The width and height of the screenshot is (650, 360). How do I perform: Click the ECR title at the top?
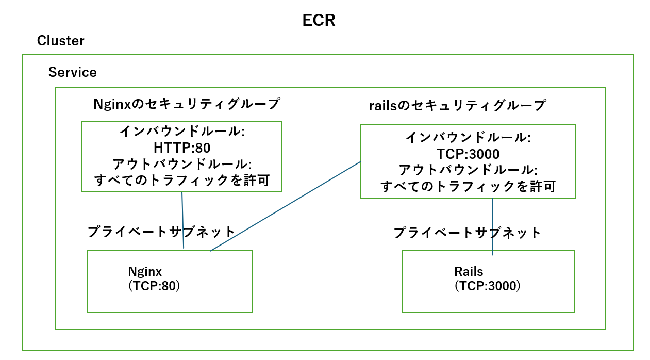pyautogui.click(x=319, y=20)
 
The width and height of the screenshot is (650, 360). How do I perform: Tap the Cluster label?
pyautogui.click(x=60, y=41)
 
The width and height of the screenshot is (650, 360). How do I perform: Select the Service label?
pyautogui.click(x=72, y=72)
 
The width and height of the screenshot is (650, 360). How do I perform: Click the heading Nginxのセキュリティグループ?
pyautogui.click(x=186, y=104)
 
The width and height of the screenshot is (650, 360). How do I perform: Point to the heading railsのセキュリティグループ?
pyautogui.click(x=457, y=106)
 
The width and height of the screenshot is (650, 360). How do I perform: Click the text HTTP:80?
pyautogui.click(x=182, y=148)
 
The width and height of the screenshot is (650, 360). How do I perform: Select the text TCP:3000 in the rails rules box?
pyautogui.click(x=468, y=154)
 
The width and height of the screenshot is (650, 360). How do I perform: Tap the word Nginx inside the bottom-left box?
pyautogui.click(x=145, y=271)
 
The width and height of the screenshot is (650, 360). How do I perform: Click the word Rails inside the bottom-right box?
pyautogui.click(x=468, y=271)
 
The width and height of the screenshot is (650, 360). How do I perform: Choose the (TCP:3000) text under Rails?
pyautogui.click(x=487, y=286)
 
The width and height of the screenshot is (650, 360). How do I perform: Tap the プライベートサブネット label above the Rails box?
pyautogui.click(x=468, y=233)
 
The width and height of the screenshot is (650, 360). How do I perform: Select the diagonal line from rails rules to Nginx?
pyautogui.click(x=285, y=206)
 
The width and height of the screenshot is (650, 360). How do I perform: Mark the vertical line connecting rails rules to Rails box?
pyautogui.click(x=492, y=227)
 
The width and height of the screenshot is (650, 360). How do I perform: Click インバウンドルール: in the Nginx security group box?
pyautogui.click(x=182, y=132)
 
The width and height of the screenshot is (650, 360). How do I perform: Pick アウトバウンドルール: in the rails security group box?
pyautogui.click(x=468, y=170)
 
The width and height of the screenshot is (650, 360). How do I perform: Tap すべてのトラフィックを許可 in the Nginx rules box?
pyautogui.click(x=182, y=181)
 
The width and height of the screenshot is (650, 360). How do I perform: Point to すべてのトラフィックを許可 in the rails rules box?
pyautogui.click(x=468, y=186)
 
